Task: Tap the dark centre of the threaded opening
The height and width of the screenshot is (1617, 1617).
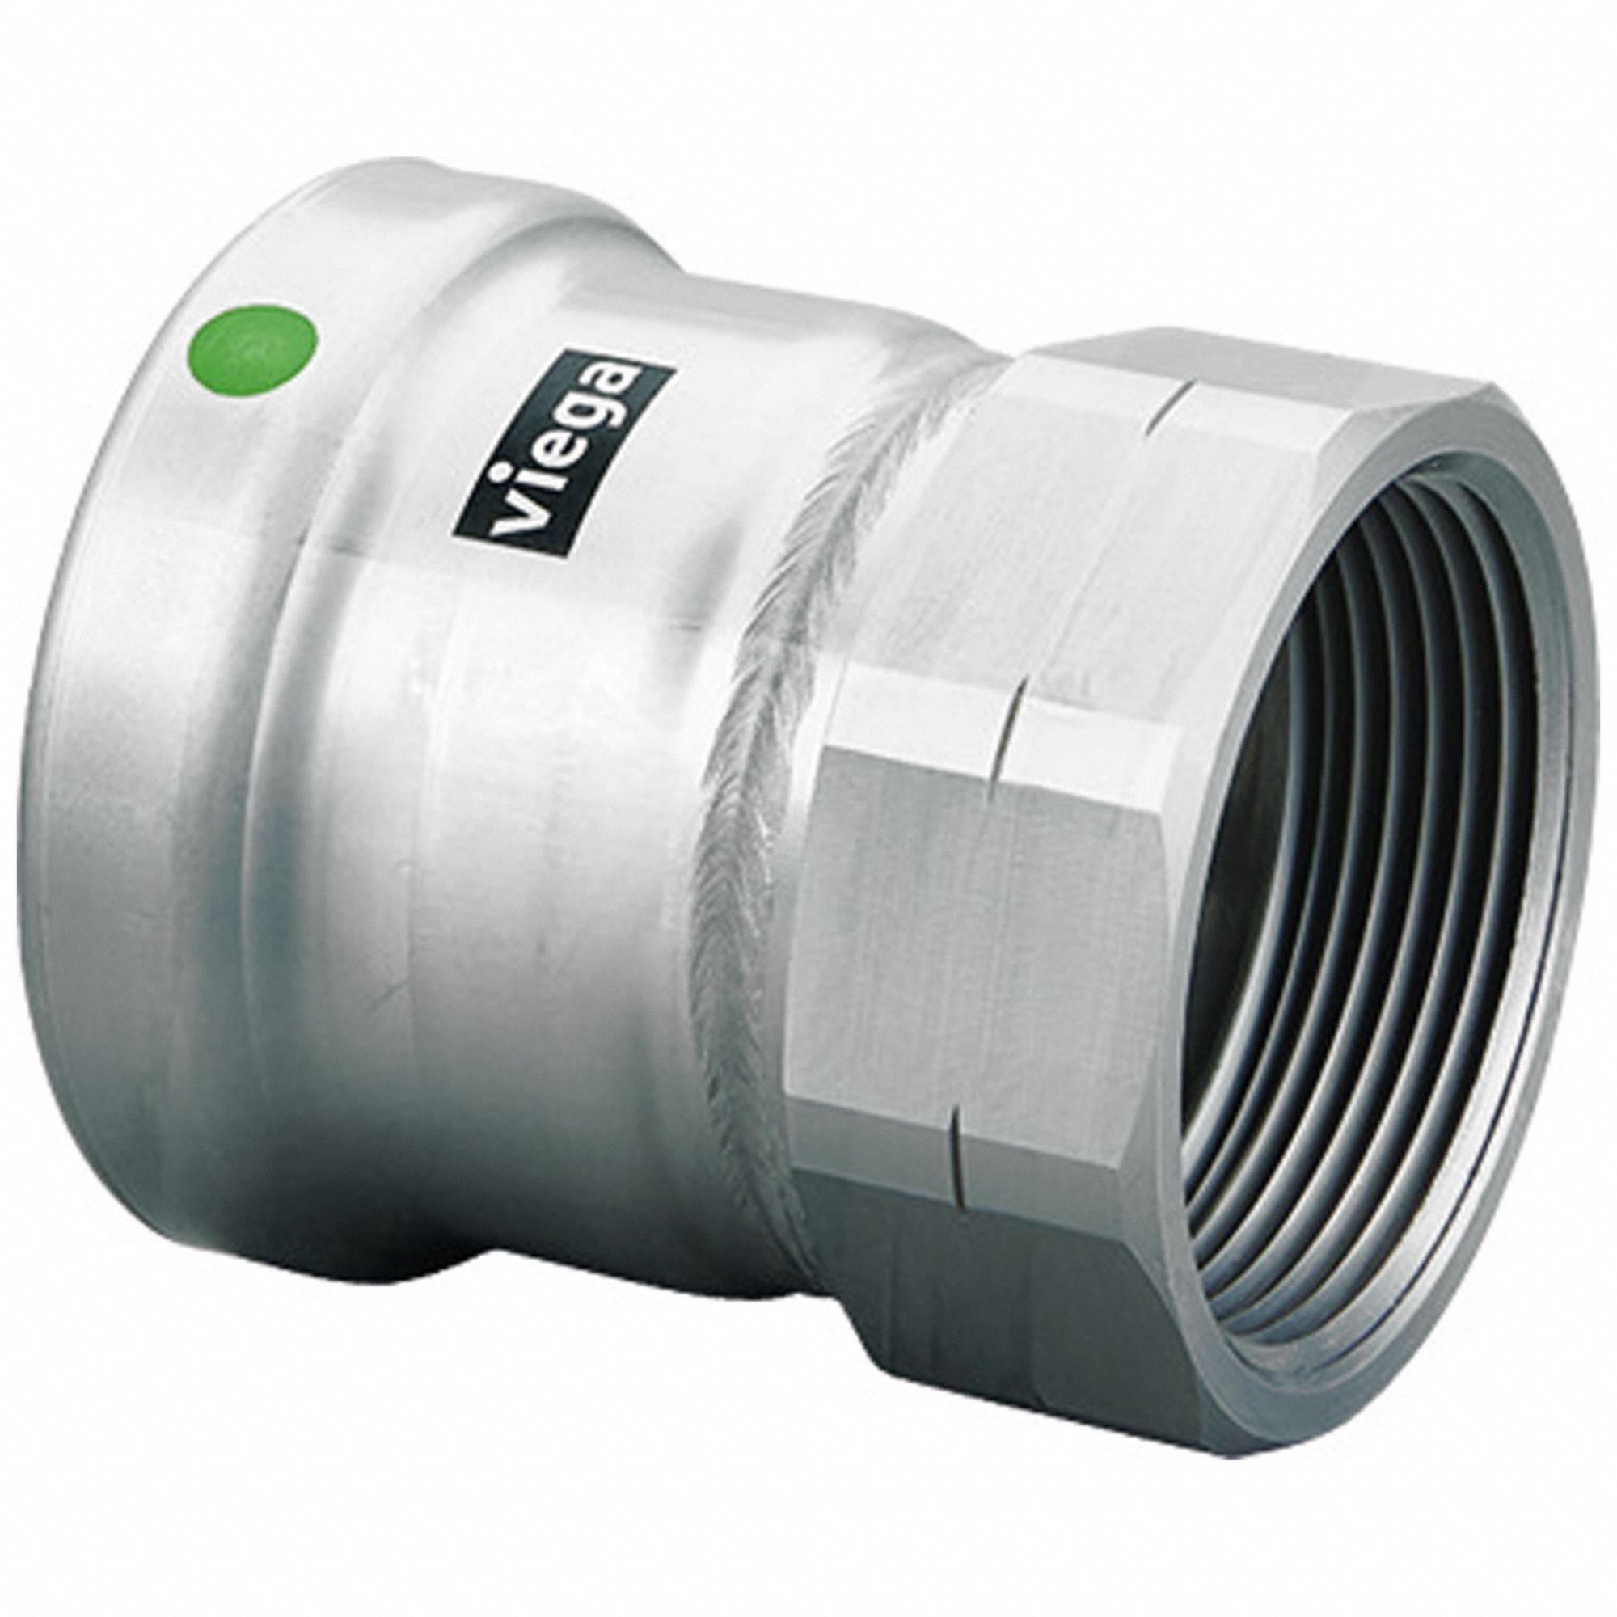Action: [1306, 711]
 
